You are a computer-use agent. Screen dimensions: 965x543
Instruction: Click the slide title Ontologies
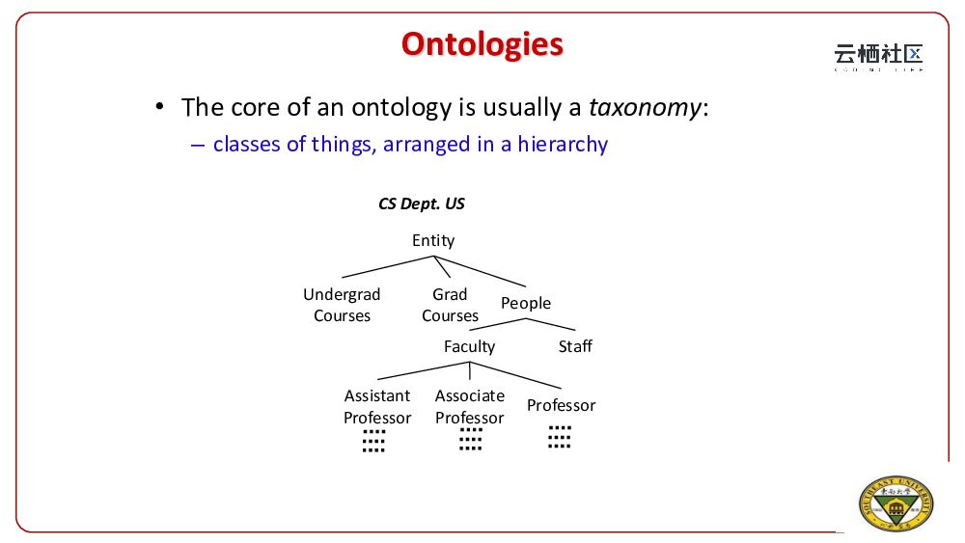coord(482,44)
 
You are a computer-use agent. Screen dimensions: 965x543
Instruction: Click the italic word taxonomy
coord(645,107)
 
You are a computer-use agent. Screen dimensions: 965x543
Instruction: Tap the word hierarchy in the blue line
coord(563,145)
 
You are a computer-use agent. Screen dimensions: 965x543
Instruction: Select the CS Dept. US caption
coord(422,204)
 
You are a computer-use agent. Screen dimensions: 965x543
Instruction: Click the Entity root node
coord(433,241)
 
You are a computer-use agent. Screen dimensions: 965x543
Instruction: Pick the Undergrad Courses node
coord(342,305)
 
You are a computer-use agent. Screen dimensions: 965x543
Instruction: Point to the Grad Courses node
coord(450,305)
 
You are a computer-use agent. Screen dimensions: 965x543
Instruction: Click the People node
coord(526,304)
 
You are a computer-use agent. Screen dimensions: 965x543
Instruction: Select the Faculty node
coord(469,346)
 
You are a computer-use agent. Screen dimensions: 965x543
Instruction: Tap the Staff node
coord(575,346)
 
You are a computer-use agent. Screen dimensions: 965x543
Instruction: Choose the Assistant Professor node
coord(377,406)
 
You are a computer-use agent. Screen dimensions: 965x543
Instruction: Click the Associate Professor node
coord(469,406)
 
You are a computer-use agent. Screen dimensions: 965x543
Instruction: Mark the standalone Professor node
coord(561,405)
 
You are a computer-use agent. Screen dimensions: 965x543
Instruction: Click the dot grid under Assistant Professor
coord(373,442)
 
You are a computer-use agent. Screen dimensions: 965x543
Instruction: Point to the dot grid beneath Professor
coord(560,437)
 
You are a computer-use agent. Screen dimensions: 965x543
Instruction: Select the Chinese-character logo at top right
coord(878,57)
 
